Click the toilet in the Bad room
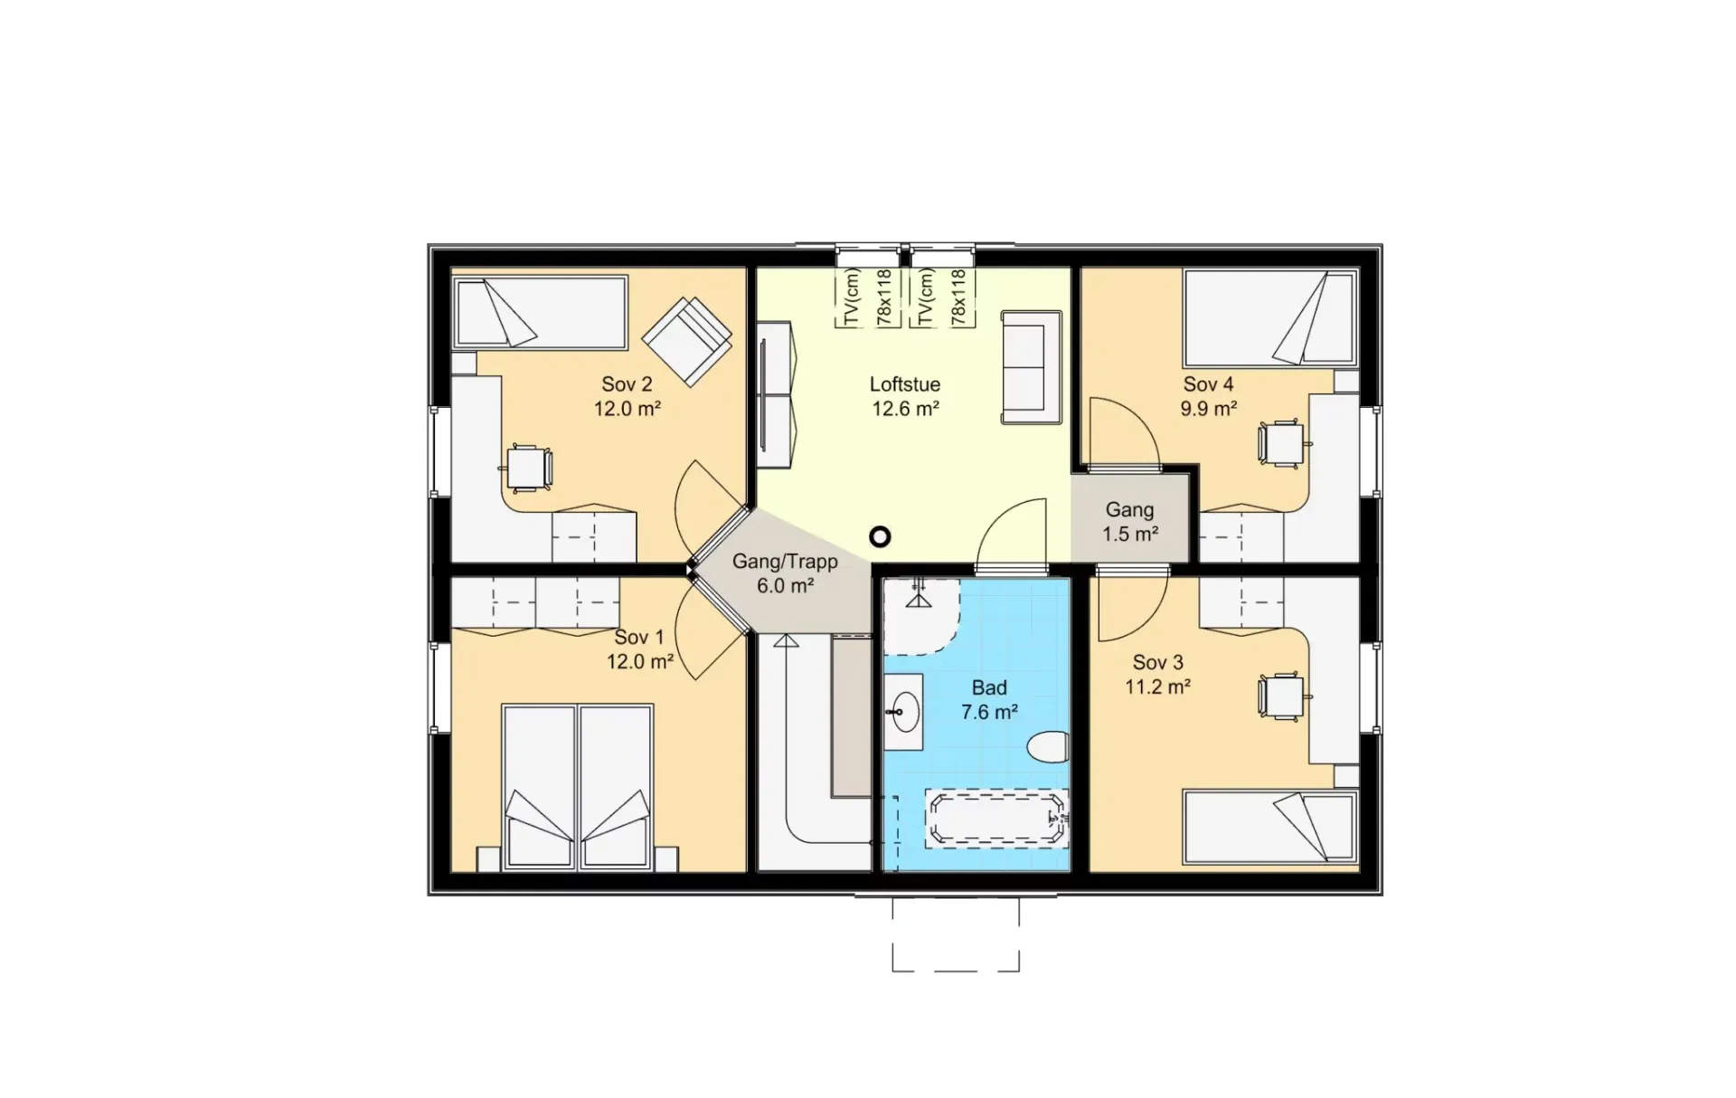coord(1048,747)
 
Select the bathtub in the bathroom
coord(996,819)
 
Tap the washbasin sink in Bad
coord(904,712)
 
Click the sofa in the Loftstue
coord(1032,367)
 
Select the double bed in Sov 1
coord(577,788)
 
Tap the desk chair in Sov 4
coord(1281,443)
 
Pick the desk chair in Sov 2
coord(526,468)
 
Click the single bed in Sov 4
coord(1270,317)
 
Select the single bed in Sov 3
coord(1270,827)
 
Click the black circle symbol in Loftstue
coord(880,537)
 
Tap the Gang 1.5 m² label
coord(1130,522)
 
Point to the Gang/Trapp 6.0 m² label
coord(785,573)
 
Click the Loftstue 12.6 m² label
coord(905,396)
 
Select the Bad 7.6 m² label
coord(989,700)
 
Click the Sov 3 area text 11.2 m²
coord(1157,686)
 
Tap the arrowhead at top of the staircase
coord(786,640)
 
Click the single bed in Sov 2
coord(540,312)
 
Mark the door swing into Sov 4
coord(1124,431)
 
